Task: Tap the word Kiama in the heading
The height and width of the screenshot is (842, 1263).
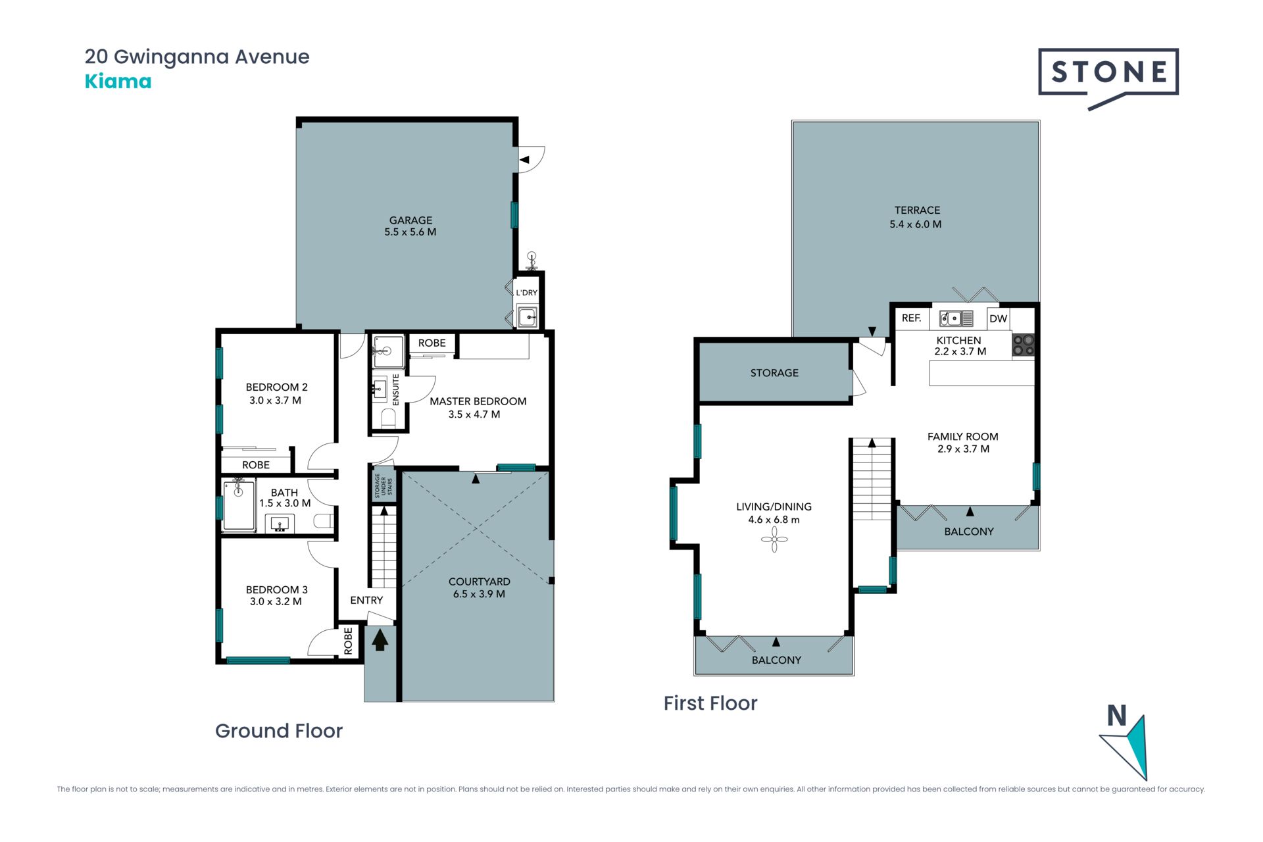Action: pyautogui.click(x=118, y=82)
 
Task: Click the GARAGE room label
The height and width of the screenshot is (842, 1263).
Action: pyautogui.click(x=410, y=220)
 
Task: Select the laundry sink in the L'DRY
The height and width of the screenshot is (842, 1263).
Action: pyautogui.click(x=527, y=317)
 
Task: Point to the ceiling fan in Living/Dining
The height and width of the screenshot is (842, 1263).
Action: pyautogui.click(x=774, y=540)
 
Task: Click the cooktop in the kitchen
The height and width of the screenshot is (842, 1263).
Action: pyautogui.click(x=1023, y=345)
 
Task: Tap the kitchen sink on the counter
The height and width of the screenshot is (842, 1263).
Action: pyautogui.click(x=956, y=318)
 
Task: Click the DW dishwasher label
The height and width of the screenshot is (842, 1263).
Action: pyautogui.click(x=998, y=318)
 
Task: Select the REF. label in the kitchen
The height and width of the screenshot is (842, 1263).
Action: pyautogui.click(x=911, y=318)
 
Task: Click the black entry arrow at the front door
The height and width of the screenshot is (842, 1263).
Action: pyautogui.click(x=380, y=640)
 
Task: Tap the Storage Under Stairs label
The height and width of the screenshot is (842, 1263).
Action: pyautogui.click(x=384, y=485)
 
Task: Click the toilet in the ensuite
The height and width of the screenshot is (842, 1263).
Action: pyautogui.click(x=389, y=418)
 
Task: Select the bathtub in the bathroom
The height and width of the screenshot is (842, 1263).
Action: pyautogui.click(x=239, y=505)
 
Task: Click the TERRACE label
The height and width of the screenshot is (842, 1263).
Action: pyautogui.click(x=917, y=210)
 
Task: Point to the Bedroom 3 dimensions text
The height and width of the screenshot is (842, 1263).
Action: pyautogui.click(x=276, y=601)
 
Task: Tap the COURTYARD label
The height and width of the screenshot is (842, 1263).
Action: pyautogui.click(x=479, y=582)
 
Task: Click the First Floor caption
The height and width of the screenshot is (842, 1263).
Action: pyautogui.click(x=710, y=703)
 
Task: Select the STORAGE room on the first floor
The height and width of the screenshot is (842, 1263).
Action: pyautogui.click(x=774, y=372)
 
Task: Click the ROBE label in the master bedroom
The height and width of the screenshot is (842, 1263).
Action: pyautogui.click(x=432, y=343)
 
